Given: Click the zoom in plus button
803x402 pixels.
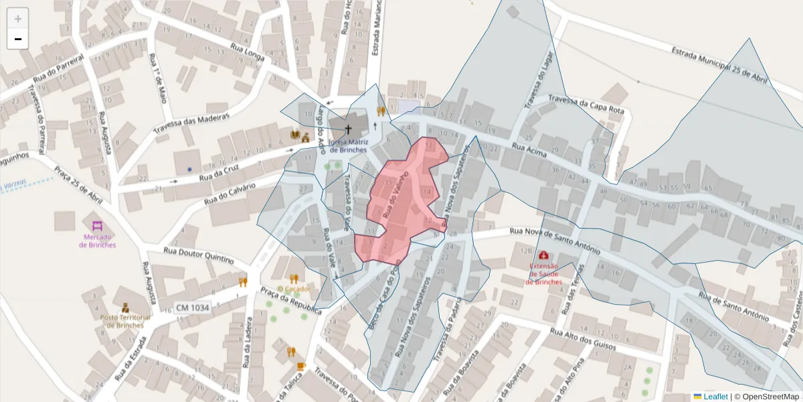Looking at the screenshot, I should coord(18,19).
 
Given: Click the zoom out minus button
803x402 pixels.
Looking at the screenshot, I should coord(18,40).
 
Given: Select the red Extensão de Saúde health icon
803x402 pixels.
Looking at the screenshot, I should coord(543,255).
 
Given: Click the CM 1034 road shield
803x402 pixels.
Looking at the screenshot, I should coord(192,308).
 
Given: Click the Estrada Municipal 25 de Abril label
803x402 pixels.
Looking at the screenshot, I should coord(719,64).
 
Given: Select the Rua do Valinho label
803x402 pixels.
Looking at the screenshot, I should coord(395,193).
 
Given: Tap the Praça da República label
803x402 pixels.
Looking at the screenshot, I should coord(290,301).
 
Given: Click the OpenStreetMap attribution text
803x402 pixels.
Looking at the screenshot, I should coord(770,396).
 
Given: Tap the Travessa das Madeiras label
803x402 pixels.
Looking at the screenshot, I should coord(191,123).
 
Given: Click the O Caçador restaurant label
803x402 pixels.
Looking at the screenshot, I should coord(294,289).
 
